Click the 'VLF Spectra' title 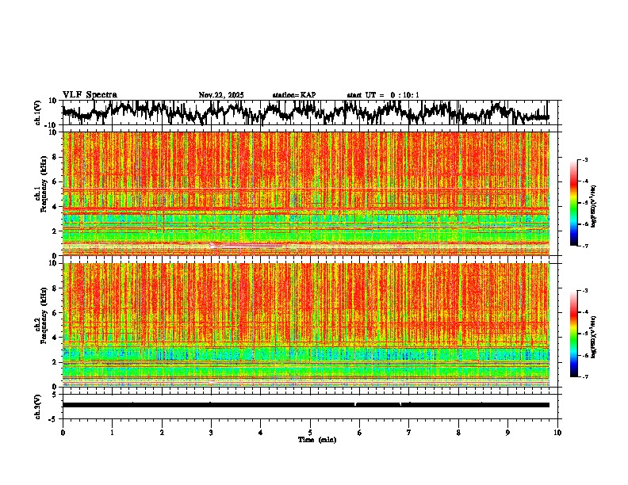point(90,95)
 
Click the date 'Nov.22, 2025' point(221,95)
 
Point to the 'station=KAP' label point(294,95)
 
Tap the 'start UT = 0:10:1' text point(383,95)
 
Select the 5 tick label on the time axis point(310,432)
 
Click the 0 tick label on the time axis point(63,432)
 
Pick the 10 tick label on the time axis point(557,432)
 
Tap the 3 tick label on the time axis point(211,432)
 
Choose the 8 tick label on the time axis point(458,432)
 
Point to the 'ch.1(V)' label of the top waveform point(38,113)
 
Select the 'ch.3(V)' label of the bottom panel point(38,405)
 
